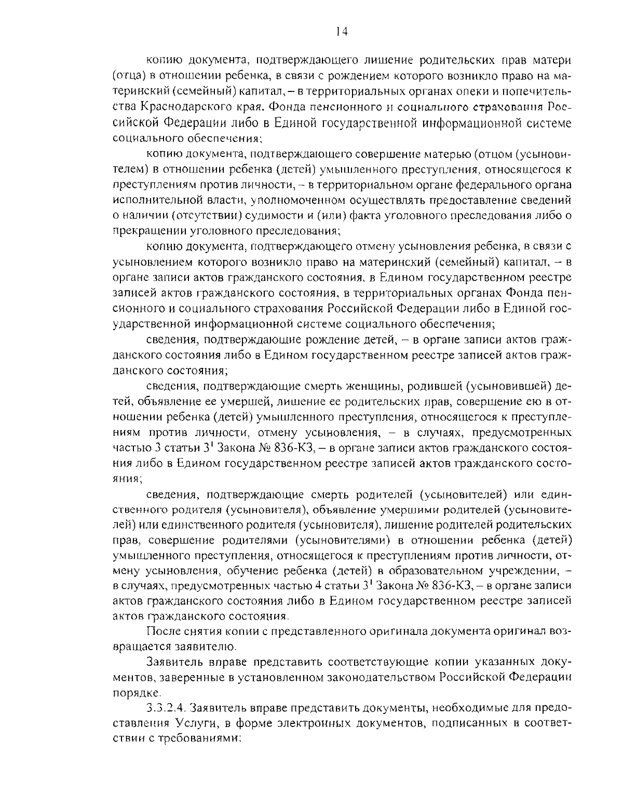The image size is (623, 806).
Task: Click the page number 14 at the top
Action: coord(342,32)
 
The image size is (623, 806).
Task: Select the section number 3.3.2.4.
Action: coord(165,707)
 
